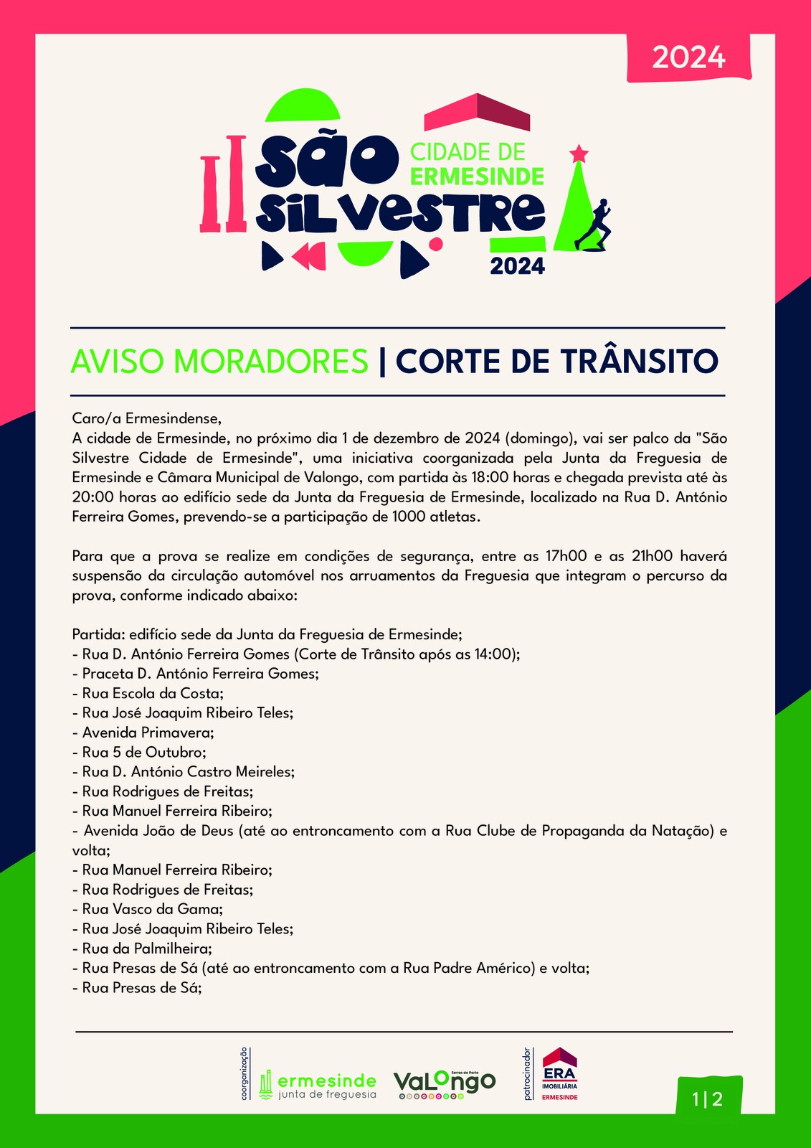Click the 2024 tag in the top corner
688,57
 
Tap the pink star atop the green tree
579,153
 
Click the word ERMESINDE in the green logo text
478,176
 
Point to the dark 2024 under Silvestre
517,266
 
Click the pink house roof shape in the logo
477,113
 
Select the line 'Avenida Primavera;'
148,733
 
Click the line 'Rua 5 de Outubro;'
144,753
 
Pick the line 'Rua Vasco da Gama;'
152,909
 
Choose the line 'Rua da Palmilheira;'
146,949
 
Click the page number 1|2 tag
707,1098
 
